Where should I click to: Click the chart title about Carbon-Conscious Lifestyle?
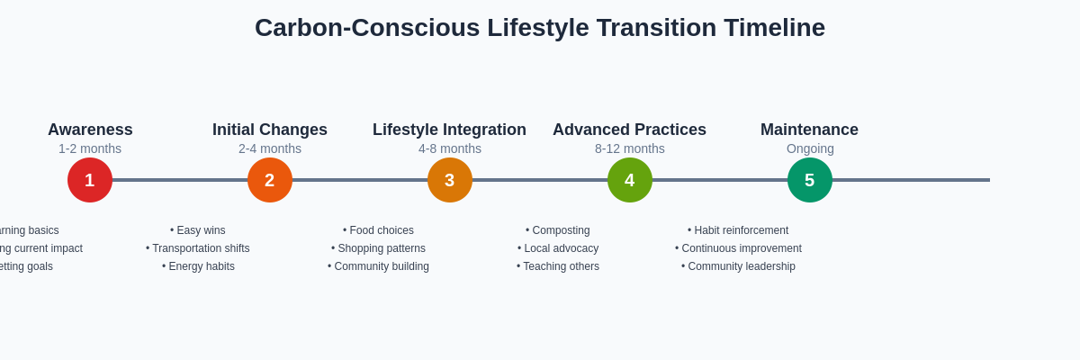click(539, 28)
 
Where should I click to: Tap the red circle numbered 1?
click(90, 180)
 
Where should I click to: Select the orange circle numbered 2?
click(270, 180)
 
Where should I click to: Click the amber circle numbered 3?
click(450, 180)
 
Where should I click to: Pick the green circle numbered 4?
click(630, 180)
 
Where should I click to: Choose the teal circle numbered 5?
click(810, 180)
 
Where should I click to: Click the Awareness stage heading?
click(90, 130)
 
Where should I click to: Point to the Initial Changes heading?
click(270, 130)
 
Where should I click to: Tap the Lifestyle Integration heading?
click(449, 130)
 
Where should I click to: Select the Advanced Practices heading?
click(629, 130)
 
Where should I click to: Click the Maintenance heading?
click(809, 130)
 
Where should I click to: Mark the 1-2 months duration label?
click(90, 148)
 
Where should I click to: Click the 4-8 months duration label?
click(450, 148)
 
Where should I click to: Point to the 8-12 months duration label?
click(630, 148)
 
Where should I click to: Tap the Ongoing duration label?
click(810, 148)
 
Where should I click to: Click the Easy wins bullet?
click(198, 230)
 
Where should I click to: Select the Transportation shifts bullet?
click(198, 248)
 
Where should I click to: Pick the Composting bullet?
click(558, 230)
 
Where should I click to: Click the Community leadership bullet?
click(738, 266)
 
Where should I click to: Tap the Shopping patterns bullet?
click(378, 248)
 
